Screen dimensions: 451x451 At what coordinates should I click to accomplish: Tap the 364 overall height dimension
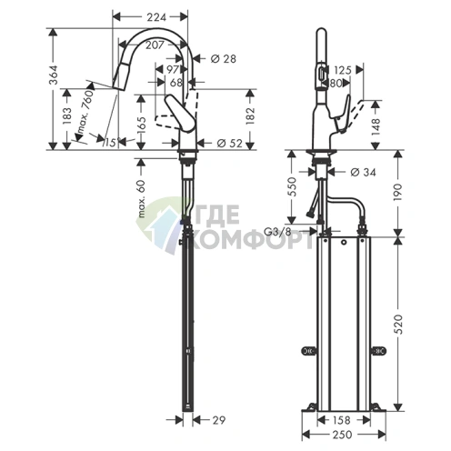coord(54,82)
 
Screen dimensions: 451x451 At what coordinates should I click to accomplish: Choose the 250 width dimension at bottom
coord(341,437)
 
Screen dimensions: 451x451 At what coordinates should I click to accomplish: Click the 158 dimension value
coord(341,421)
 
